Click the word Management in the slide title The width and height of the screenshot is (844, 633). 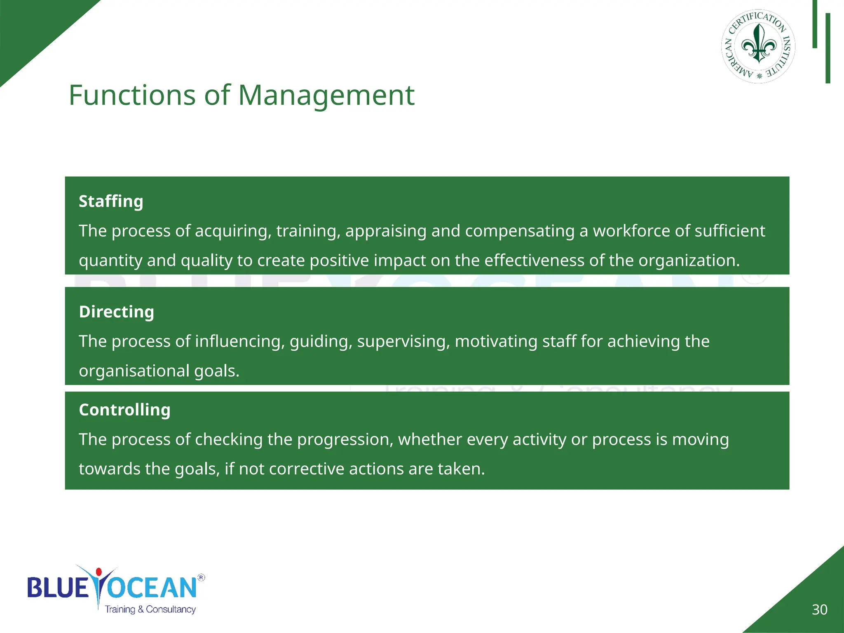pyautogui.click(x=326, y=96)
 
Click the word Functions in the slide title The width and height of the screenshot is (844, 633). pyautogui.click(x=132, y=96)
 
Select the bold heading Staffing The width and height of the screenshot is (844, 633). pyautogui.click(x=111, y=202)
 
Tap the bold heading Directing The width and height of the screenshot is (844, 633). pyautogui.click(x=116, y=312)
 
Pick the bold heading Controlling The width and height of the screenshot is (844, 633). pyautogui.click(x=124, y=410)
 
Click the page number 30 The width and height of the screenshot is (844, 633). pyautogui.click(x=819, y=610)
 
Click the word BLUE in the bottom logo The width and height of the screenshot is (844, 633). pyautogui.click(x=58, y=588)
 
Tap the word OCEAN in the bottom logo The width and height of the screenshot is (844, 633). pyautogui.click(x=152, y=588)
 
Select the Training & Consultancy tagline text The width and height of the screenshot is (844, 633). pyautogui.click(x=150, y=610)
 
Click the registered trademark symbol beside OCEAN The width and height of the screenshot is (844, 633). pyautogui.click(x=201, y=577)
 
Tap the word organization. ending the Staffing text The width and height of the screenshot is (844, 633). pyautogui.click(x=689, y=261)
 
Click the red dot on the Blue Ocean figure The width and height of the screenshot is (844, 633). pyautogui.click(x=98, y=572)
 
